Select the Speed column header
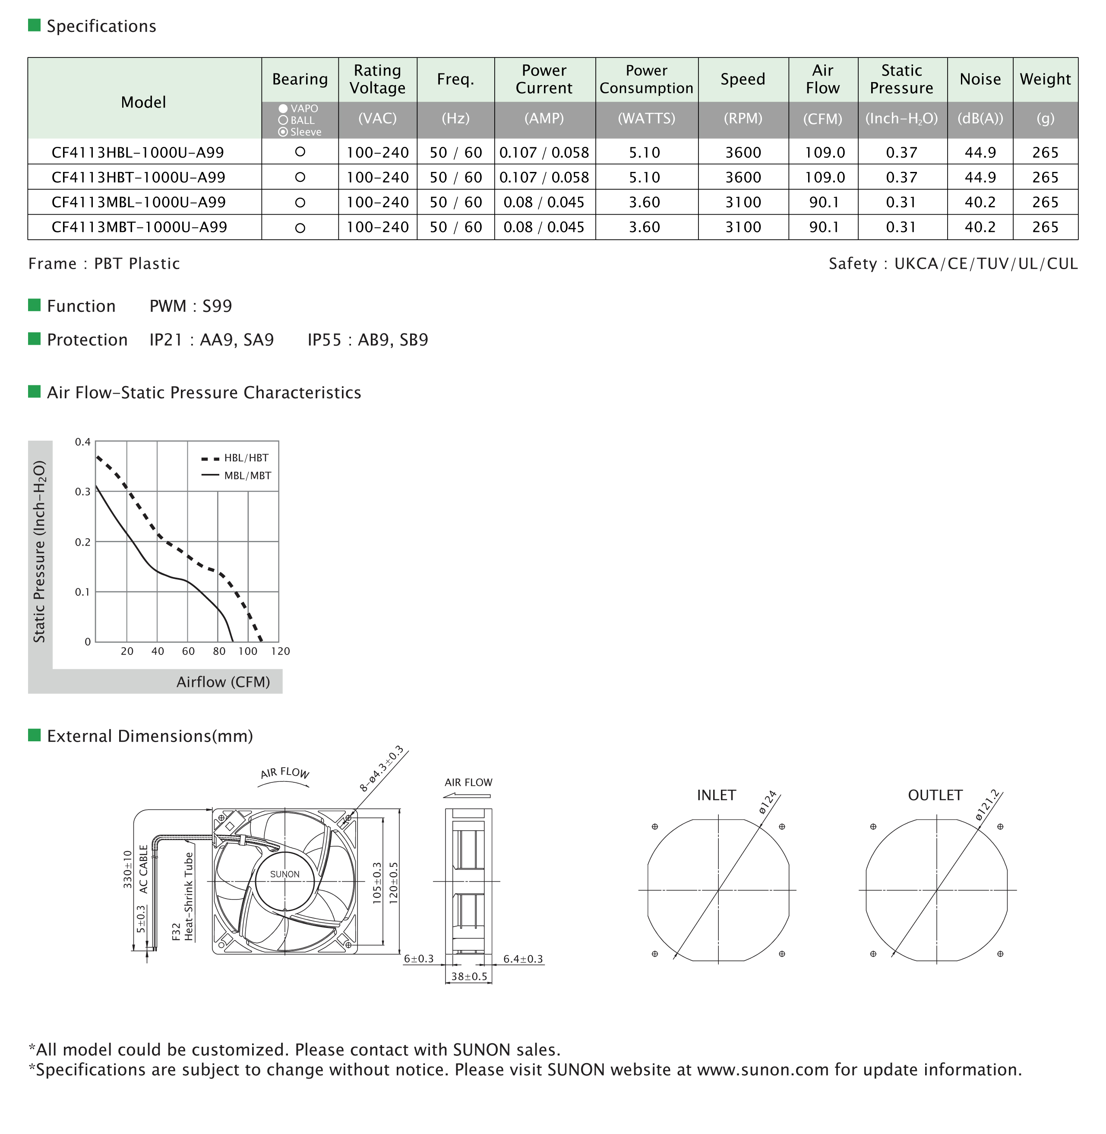743,79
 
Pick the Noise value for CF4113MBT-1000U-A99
980,227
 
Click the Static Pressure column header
901,79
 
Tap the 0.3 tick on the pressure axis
82,492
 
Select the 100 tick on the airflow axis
247,651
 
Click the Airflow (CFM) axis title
223,682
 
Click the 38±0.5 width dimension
469,976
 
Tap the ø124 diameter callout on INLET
768,806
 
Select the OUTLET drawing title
935,795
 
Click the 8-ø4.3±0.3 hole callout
381,769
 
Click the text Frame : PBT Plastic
104,264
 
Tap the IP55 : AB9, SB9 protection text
368,340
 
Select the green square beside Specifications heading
34,25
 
